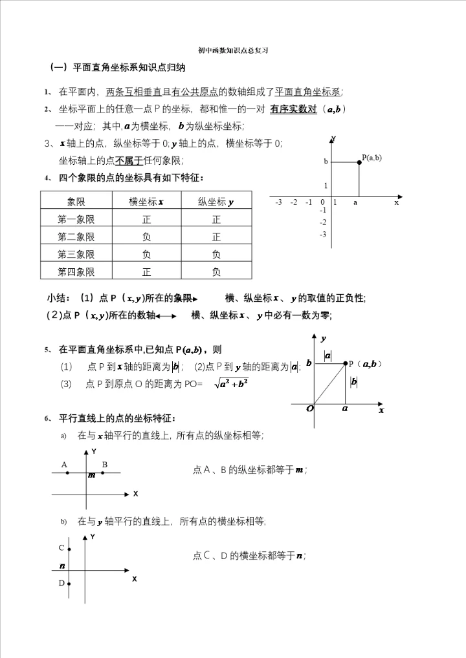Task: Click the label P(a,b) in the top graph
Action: [x=372, y=157]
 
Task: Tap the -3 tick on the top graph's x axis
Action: [x=278, y=202]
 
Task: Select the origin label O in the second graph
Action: [x=310, y=409]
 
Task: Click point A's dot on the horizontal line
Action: [x=67, y=473]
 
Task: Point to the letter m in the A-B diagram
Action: [x=92, y=476]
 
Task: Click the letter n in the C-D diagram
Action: [x=62, y=566]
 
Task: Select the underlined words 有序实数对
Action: [x=294, y=109]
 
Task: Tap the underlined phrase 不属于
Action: [x=129, y=160]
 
